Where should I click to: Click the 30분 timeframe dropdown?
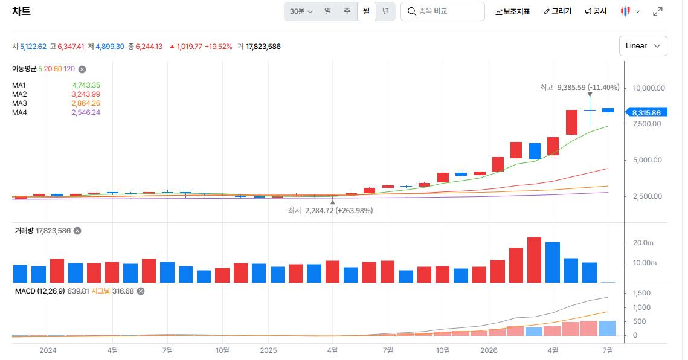coord(301,11)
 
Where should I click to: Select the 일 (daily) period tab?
coord(328,11)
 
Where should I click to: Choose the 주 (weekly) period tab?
coord(347,11)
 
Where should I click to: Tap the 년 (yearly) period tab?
coord(386,11)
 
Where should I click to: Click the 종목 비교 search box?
coord(443,11)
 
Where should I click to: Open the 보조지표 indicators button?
coord(512,12)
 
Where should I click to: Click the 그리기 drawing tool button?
coord(558,12)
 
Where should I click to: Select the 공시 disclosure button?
coord(596,12)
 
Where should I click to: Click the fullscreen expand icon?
coord(657,12)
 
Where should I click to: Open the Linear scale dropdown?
coord(643,46)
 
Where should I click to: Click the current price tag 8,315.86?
coord(646,112)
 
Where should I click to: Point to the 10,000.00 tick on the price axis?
coord(649,88)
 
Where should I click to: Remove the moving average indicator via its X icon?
coord(82,69)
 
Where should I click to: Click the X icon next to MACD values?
coord(141,291)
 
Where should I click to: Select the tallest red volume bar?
coord(534,260)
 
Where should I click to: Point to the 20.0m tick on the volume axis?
coord(643,243)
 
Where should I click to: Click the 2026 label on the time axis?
coord(489,350)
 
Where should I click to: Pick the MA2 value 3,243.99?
coord(86,94)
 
